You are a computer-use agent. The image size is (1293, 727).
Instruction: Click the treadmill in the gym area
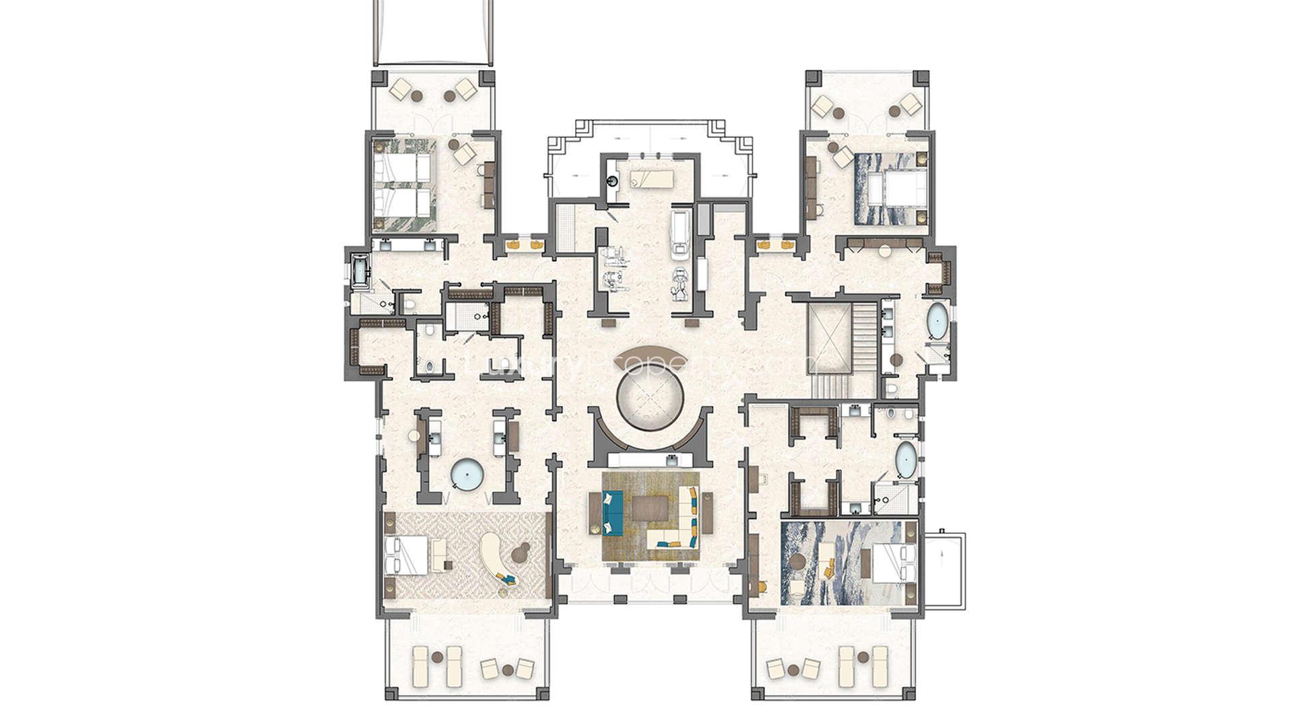679,233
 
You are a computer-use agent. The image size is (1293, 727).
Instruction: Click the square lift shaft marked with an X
829,337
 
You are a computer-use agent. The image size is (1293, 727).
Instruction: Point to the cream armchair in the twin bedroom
464,155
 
